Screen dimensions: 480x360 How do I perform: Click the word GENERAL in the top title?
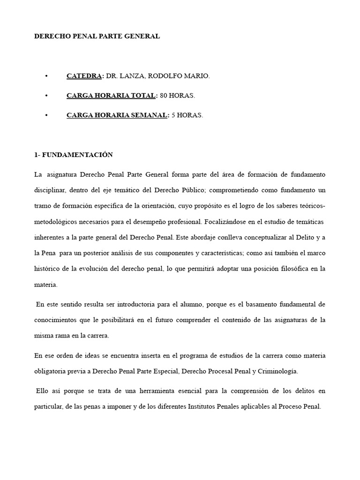tap(141, 36)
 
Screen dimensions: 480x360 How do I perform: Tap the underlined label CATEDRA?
tap(84, 75)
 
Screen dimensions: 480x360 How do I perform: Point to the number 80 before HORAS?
tap(164, 96)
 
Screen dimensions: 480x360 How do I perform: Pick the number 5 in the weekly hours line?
tap(173, 115)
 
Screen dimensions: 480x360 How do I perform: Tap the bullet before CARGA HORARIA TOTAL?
tap(46, 96)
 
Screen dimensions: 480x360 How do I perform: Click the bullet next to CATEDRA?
tap(46, 75)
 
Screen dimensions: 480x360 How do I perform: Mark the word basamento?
tap(241, 304)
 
